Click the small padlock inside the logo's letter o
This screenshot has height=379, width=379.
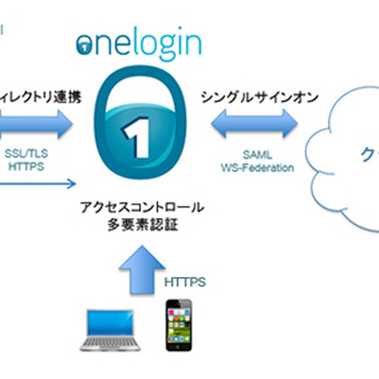[84, 45]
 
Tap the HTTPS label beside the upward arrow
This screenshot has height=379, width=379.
[184, 280]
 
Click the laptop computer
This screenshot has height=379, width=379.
[111, 330]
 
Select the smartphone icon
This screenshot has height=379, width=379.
[181, 325]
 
